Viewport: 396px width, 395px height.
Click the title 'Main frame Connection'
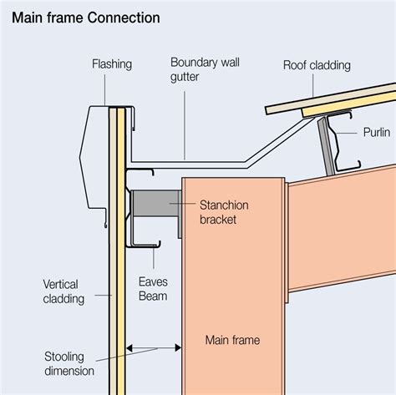tap(86, 18)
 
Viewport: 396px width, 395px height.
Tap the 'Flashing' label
tap(112, 64)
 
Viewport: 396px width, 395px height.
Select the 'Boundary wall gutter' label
tap(205, 69)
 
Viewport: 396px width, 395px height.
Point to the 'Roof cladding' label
tap(317, 65)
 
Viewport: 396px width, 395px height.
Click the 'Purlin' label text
tap(377, 132)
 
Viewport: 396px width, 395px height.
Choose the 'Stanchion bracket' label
tap(224, 212)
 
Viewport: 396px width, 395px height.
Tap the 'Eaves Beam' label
tap(153, 289)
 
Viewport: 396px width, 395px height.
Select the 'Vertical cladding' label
tap(63, 291)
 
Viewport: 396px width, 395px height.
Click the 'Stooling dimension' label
tap(69, 364)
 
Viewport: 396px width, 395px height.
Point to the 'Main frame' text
tap(232, 340)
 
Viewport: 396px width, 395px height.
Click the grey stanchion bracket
tap(156, 203)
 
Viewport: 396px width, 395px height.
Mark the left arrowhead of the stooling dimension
tap(129, 348)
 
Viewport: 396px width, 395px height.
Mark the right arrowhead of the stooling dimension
tap(178, 348)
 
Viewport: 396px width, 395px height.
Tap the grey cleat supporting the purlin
tap(327, 147)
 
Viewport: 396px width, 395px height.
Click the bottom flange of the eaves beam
tap(145, 246)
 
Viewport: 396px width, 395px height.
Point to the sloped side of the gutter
tap(280, 140)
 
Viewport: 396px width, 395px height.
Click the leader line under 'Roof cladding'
tap(313, 86)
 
